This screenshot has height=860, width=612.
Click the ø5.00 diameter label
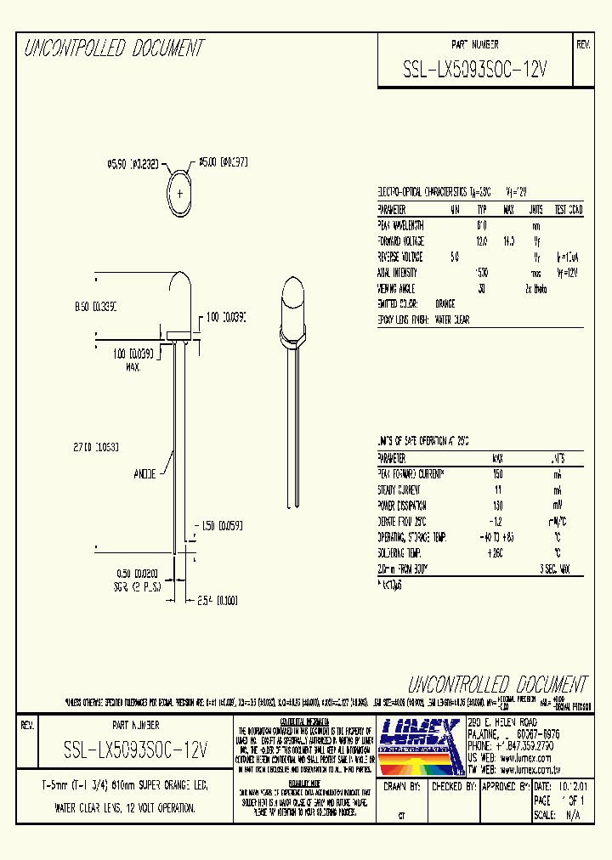click(x=222, y=161)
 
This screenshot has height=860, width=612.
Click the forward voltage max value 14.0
click(x=509, y=241)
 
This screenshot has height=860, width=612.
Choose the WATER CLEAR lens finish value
click(x=451, y=320)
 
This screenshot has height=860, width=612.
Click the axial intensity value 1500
click(x=481, y=273)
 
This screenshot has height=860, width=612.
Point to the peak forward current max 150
click(x=498, y=473)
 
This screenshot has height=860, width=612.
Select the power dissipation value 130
click(x=498, y=506)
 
